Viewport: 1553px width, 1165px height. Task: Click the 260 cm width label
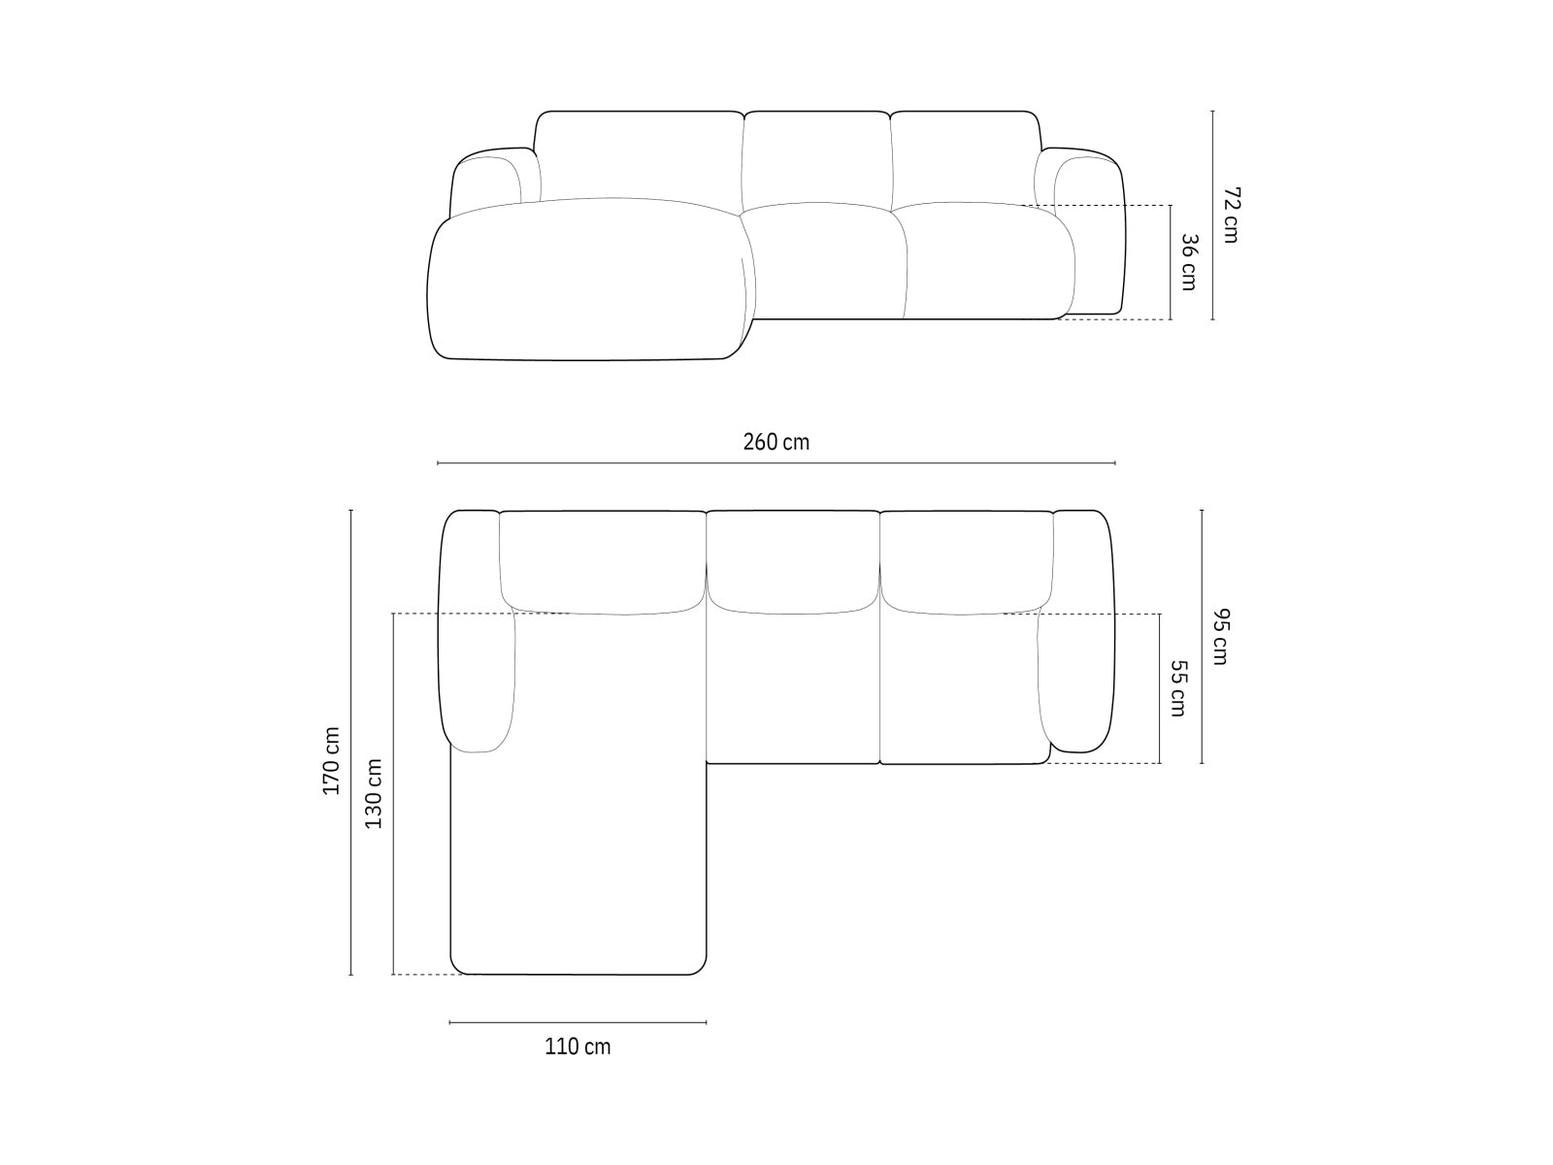(776, 443)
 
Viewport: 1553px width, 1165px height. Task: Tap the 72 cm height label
(1231, 215)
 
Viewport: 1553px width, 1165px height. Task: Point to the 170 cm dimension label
(332, 761)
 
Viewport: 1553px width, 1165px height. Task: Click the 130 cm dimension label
(374, 793)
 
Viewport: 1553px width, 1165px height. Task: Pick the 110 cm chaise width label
(578, 1047)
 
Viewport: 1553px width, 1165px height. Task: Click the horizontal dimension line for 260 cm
(776, 464)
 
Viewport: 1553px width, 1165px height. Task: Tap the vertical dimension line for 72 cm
(1212, 215)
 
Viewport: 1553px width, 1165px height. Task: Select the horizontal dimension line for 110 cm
(578, 1022)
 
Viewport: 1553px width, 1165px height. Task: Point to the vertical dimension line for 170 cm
(350, 742)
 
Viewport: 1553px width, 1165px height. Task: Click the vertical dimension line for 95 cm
(1202, 637)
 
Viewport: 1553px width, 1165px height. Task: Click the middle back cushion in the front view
(817, 157)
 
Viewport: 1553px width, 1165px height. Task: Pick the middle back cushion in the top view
(792, 561)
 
